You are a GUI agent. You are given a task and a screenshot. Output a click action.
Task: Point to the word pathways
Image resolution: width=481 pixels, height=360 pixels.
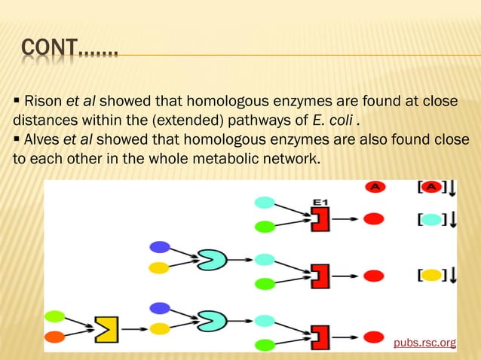tap(256, 121)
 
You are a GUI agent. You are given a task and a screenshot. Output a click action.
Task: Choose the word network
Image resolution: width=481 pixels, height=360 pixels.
tap(286, 160)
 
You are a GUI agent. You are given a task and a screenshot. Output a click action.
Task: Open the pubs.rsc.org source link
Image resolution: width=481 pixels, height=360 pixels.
tap(425, 343)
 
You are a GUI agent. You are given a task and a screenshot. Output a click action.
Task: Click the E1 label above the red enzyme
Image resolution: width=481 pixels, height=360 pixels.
tap(321, 202)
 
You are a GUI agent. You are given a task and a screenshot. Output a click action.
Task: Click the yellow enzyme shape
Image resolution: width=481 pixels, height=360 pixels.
tap(106, 329)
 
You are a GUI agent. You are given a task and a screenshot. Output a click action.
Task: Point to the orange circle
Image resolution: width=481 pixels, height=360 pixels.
tap(55, 336)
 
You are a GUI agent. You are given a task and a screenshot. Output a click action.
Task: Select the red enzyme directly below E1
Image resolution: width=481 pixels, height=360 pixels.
tap(321, 219)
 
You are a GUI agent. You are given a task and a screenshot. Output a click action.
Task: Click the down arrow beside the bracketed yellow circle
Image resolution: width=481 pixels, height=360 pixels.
tap(452, 276)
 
